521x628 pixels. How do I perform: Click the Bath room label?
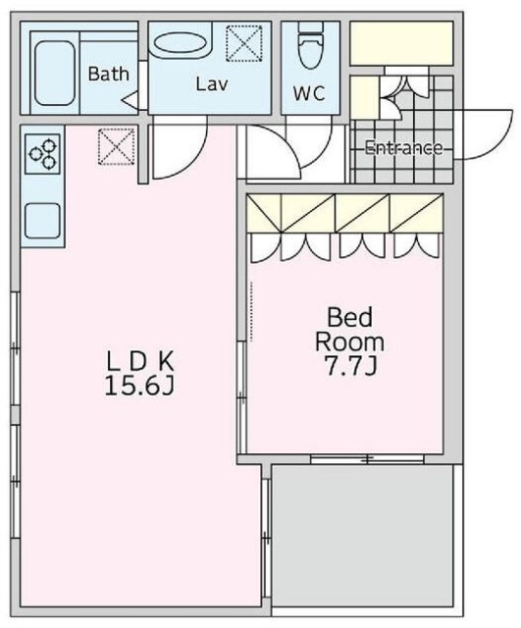[109, 75]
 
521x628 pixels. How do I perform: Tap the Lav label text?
[212, 84]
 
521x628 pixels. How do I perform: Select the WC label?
[309, 93]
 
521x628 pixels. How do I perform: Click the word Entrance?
[404, 148]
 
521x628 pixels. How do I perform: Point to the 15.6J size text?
[139, 386]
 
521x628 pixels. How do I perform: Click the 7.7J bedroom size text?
[350, 366]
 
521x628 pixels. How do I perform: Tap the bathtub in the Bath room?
[55, 73]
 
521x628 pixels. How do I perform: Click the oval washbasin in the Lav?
[181, 42]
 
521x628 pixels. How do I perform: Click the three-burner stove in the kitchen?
[42, 154]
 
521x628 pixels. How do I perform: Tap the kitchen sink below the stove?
[42, 220]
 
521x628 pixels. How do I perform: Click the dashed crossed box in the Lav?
[244, 43]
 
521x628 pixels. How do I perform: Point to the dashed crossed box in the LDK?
[116, 146]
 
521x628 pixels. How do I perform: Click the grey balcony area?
[362, 536]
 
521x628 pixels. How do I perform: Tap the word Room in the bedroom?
[349, 342]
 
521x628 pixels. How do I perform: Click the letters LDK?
[139, 361]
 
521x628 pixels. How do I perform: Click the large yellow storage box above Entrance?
[401, 43]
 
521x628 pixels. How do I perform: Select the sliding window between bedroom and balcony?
[367, 459]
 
